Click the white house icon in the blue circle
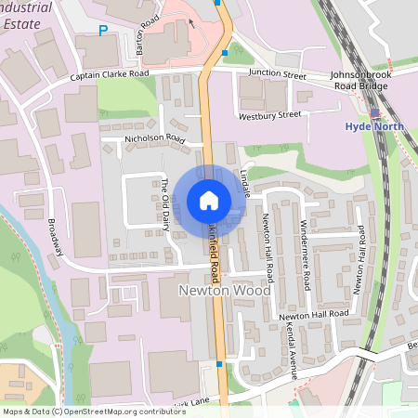209,200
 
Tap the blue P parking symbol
103,31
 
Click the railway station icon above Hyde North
375,114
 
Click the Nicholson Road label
155,141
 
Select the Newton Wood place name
224,291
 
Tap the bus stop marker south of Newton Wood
218,364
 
